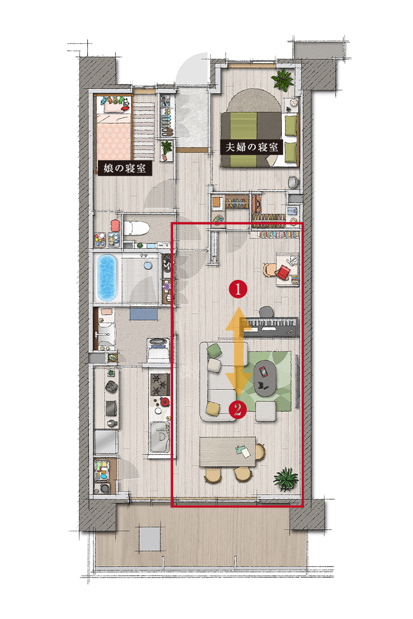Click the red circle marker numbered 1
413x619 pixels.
[x=238, y=289]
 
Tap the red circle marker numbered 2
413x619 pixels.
[x=238, y=409]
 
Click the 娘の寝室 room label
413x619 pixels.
[x=125, y=169]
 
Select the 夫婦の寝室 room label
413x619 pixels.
[x=252, y=147]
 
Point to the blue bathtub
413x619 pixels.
[x=107, y=277]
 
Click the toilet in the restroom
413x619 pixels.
[x=136, y=229]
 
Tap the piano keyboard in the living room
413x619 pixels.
[x=271, y=326]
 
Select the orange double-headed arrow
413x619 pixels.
[x=239, y=351]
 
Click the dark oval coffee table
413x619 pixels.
[x=265, y=378]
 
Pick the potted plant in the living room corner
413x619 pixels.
[x=286, y=478]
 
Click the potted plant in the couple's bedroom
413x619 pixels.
[x=283, y=79]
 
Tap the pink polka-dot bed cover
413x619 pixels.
[x=114, y=141]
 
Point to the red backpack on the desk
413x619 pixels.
[x=284, y=272]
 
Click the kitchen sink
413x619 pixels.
[x=160, y=437]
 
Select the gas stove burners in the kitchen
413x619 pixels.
[x=160, y=385]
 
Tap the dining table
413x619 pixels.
[x=228, y=452]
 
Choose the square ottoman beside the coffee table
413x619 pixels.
[x=266, y=412]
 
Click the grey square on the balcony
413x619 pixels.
[x=150, y=539]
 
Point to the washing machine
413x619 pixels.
[x=158, y=349]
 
